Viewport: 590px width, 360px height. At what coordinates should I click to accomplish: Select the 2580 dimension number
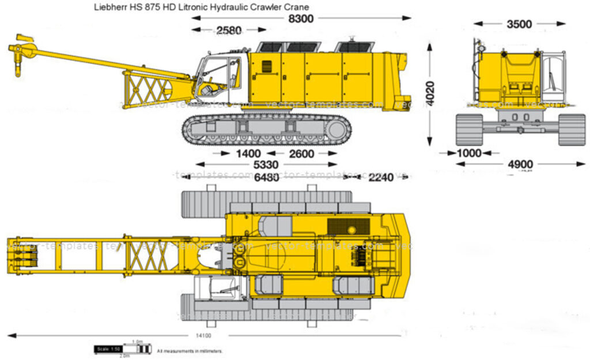tap(229, 31)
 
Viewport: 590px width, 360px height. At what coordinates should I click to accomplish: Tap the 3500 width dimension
tap(519, 24)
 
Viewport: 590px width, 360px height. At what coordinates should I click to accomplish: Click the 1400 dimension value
tap(248, 154)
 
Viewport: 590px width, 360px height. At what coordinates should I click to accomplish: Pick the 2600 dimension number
tap(301, 154)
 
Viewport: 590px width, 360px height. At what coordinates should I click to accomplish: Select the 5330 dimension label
tap(266, 165)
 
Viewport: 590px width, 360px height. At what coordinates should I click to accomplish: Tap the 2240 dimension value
tap(381, 177)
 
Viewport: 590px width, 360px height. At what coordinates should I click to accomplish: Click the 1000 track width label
tap(468, 153)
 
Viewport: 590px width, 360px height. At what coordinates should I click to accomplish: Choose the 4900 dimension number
tap(520, 165)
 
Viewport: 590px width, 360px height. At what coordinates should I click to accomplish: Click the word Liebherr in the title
tap(112, 7)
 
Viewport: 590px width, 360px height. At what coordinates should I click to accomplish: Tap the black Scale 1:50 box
tap(108, 350)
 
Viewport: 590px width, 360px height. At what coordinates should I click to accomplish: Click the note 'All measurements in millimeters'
tap(190, 350)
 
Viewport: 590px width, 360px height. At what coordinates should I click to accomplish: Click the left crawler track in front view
tap(469, 129)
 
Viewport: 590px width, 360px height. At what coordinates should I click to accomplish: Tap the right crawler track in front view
tap(572, 129)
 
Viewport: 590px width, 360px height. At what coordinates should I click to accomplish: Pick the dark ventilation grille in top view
tap(348, 226)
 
